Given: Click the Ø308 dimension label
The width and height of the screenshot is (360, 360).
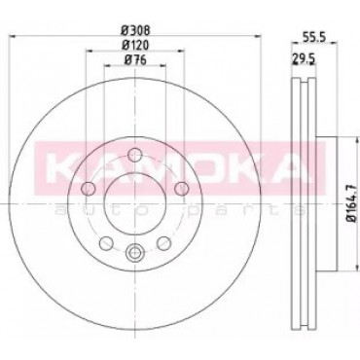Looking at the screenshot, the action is pos(135,30).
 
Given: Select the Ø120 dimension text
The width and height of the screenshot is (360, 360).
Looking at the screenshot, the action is pos(135,45).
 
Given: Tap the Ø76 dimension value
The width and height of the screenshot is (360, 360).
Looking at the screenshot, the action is pos(135,59).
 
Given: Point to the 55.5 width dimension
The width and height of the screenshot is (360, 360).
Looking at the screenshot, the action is pos(314,37).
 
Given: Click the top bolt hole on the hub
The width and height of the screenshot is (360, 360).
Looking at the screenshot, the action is pos(134,155).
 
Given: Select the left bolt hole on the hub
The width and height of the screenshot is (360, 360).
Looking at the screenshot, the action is pos(88,189).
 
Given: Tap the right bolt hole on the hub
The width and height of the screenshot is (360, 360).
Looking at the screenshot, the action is pos(182,189).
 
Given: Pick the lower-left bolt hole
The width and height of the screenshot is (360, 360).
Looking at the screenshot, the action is pos(106,243).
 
